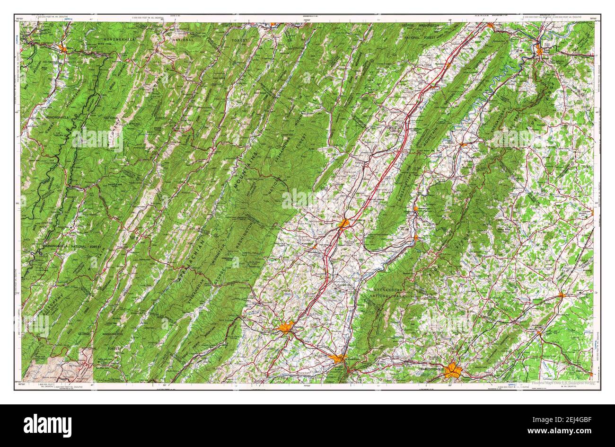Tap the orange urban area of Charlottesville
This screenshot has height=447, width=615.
pos(453,370)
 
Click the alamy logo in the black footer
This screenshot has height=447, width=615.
pos(48,425)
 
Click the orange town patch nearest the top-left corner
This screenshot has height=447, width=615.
pos(63,48)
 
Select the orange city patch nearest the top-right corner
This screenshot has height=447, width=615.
pos(540,49)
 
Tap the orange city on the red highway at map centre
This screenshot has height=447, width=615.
pos(344,223)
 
